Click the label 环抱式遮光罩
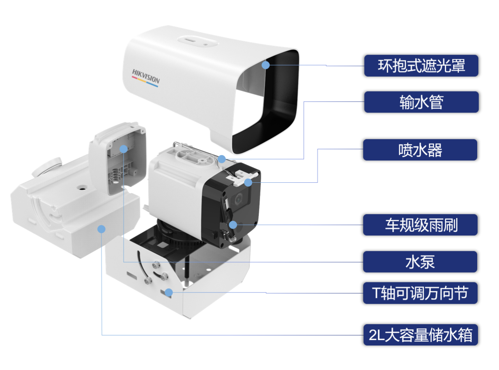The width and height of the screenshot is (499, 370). point(421,66)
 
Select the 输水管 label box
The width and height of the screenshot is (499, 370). point(421,102)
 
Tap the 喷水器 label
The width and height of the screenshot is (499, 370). point(420,150)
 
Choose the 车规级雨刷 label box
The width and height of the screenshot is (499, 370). point(420,225)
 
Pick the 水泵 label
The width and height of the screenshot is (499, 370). point(420,262)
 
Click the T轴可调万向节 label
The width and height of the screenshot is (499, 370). point(420,293)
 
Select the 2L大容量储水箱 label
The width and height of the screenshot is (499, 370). point(421,335)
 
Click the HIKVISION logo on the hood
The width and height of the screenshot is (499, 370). point(145,78)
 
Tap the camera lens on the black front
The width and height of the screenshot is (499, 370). point(238,199)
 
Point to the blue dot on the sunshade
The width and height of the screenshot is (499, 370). point(266,65)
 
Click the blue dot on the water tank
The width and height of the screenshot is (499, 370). point(101,229)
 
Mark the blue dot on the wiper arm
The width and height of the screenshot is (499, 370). point(233,225)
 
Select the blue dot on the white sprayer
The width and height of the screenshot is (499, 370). point(248,182)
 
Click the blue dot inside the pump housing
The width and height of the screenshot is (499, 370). point(124,149)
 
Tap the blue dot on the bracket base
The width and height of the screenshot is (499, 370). point(169,292)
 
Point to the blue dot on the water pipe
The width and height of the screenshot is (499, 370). point(222,159)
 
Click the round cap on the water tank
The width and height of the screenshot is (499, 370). point(47,166)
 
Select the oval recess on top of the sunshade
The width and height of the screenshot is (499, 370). point(198,41)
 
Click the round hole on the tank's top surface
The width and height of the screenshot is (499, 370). point(82,187)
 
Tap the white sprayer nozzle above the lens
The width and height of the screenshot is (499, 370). point(241,177)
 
